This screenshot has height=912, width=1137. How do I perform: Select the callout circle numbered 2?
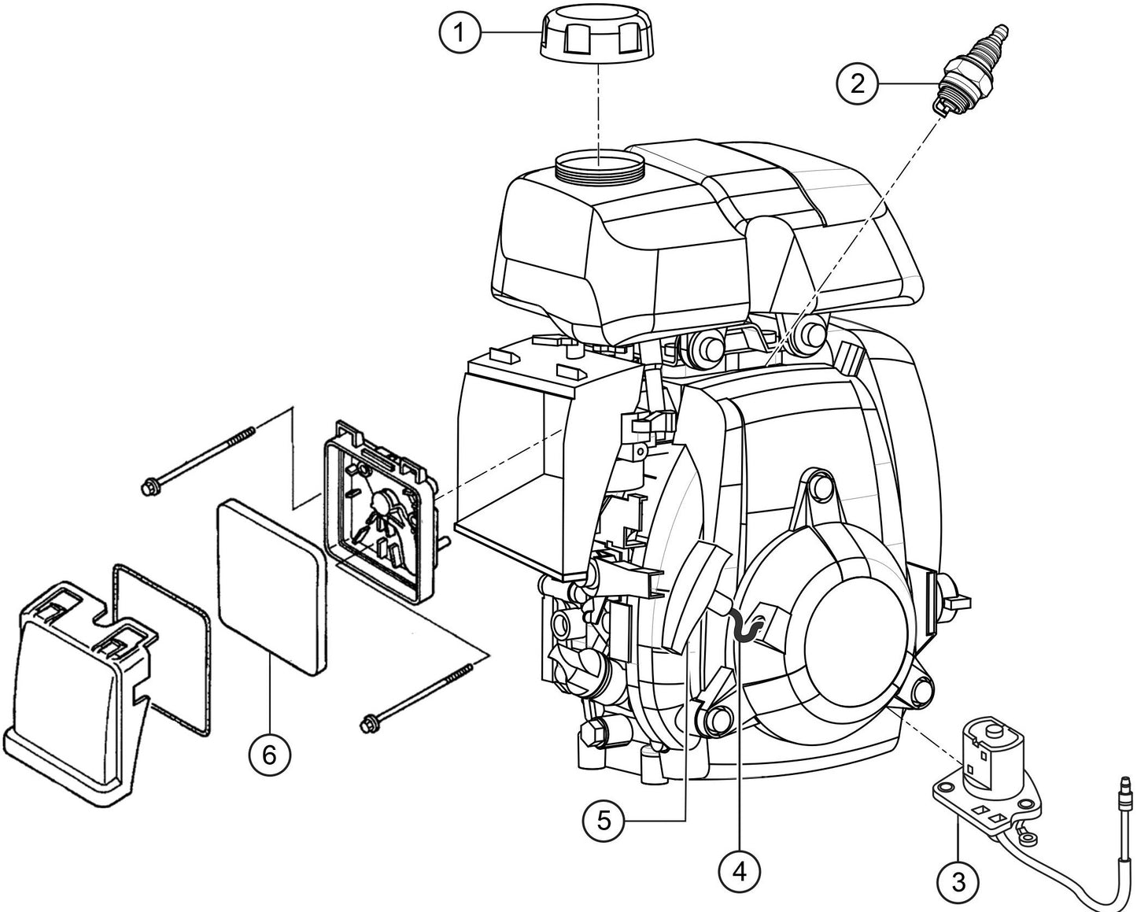[x=857, y=83]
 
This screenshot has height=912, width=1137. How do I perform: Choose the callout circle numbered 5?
[x=604, y=821]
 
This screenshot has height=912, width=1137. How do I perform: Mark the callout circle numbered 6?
[x=269, y=755]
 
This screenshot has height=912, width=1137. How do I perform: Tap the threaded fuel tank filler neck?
[x=600, y=167]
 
